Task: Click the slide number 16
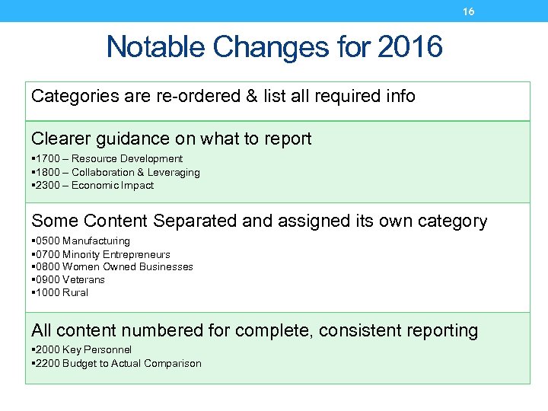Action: pos(469,11)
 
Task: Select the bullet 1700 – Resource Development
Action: pos(108,159)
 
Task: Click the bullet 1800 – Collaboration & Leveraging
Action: pos(116,173)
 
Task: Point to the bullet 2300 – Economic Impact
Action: pos(94,186)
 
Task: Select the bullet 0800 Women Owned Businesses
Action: pos(113,267)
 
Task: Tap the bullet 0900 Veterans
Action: pos(69,280)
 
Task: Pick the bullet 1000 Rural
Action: pos(61,293)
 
